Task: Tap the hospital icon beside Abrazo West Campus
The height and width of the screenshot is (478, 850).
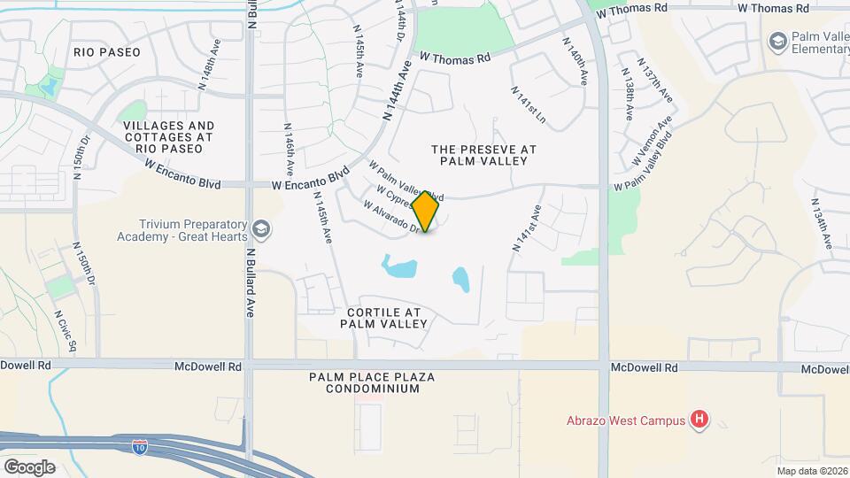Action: point(700,420)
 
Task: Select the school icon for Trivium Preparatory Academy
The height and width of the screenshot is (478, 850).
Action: point(261,230)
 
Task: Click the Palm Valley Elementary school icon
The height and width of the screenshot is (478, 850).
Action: point(777,41)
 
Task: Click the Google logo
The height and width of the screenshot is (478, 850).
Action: point(29,466)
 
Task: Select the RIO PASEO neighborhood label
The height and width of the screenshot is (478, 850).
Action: point(107,52)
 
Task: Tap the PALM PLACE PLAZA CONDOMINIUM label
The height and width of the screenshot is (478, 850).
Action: point(371,382)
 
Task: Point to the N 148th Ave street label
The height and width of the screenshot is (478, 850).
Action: point(208,68)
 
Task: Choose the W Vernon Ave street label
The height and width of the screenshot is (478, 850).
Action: point(654,143)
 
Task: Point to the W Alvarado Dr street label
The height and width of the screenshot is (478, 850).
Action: point(390,215)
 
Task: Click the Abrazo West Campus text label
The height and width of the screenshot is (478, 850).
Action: point(626,420)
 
